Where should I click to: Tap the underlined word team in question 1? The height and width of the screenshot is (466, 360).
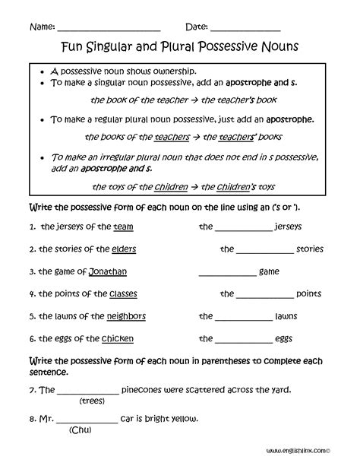click(123, 227)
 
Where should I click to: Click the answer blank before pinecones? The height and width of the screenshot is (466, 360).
click(88, 391)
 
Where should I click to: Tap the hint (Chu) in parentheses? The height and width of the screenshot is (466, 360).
click(80, 430)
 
